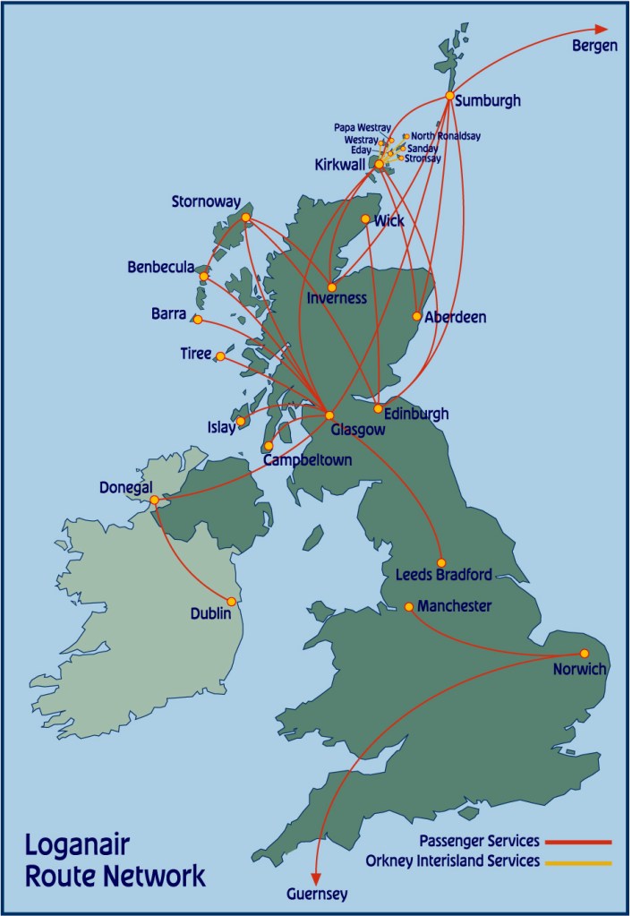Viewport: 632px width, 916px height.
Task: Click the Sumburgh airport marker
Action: (449, 96)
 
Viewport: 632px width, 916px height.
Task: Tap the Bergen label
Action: (594, 47)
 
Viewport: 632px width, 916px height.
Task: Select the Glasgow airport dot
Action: (329, 415)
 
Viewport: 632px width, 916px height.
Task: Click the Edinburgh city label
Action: (415, 415)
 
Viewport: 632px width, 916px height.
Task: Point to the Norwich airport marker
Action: (585, 654)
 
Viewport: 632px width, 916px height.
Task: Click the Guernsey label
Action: (316, 894)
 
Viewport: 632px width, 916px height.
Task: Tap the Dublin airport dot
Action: (232, 602)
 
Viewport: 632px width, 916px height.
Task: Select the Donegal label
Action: (124, 487)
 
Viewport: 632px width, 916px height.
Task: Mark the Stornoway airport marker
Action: (245, 218)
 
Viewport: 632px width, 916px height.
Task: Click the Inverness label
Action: (337, 298)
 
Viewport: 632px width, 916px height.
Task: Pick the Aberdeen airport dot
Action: (417, 316)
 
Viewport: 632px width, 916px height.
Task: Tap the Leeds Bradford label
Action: (444, 574)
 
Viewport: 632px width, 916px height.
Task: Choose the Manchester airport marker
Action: (409, 607)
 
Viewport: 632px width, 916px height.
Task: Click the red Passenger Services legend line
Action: (578, 843)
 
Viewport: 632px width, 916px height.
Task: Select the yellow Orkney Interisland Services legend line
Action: (578, 863)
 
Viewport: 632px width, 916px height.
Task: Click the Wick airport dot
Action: (365, 219)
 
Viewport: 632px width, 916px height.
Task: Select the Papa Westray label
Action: (363, 127)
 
